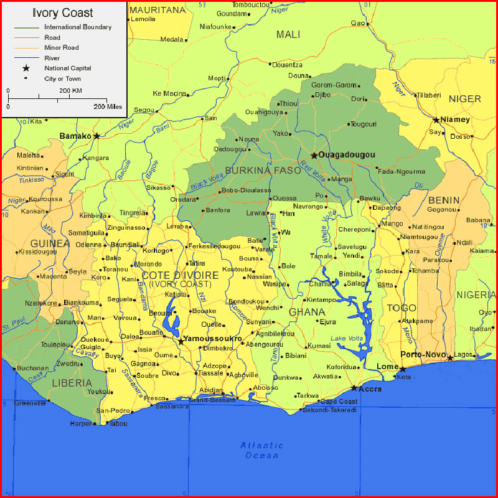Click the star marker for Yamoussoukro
(x=181, y=341)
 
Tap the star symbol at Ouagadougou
(x=315, y=155)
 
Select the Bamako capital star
(x=96, y=136)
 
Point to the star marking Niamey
(x=436, y=120)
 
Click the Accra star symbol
(x=354, y=388)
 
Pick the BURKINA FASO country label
(x=254, y=170)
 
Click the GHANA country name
(x=307, y=311)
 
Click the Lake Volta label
(x=346, y=338)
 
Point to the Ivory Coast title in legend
(x=63, y=12)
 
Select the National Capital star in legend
(x=26, y=68)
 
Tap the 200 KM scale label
(x=70, y=90)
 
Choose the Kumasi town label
(x=319, y=345)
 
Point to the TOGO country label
(x=402, y=308)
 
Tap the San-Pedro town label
(x=113, y=411)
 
